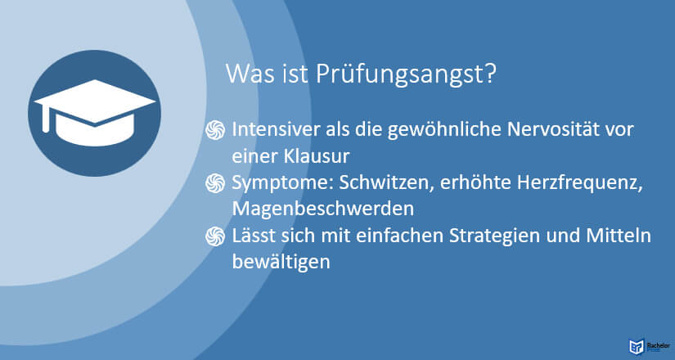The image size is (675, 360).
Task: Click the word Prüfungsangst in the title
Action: coord(406,75)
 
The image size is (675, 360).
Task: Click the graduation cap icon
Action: coord(95,112)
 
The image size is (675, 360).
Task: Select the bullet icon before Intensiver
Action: coord(215,130)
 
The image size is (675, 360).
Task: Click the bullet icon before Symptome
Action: coord(215,183)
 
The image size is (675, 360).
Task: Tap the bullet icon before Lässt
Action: coord(215,236)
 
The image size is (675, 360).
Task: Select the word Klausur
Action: coord(316,156)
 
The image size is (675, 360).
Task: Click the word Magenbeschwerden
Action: coord(323,209)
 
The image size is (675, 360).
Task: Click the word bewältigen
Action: coord(281,263)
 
